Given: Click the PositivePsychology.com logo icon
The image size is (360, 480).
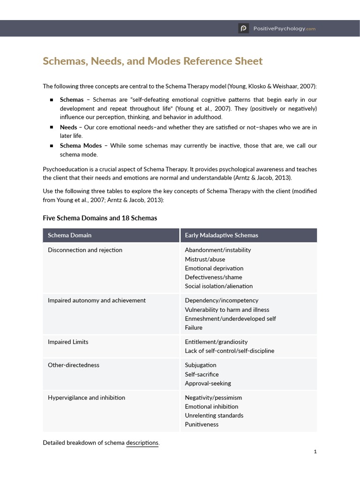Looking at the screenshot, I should click(243, 28).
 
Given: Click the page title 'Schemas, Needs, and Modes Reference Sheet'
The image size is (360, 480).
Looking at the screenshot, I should click(153, 61).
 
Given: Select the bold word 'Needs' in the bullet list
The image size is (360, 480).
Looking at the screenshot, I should click(68, 127).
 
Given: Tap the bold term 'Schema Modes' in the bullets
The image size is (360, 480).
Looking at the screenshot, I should click(81, 145).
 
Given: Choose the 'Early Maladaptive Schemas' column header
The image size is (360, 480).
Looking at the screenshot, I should click(221, 235).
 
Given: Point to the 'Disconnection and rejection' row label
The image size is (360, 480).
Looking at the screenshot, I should click(85, 250).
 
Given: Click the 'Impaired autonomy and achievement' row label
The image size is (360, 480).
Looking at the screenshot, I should click(97, 300).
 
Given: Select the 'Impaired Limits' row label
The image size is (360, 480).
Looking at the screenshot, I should click(68, 342).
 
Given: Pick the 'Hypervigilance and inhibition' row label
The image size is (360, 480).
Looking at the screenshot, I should click(86, 397).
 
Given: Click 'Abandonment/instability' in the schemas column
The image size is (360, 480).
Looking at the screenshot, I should click(217, 250).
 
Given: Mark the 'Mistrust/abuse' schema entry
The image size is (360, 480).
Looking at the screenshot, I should click(205, 259).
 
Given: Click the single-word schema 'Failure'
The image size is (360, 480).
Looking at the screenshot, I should click(194, 328).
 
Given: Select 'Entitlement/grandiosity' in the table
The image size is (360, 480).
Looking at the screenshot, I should click(216, 342).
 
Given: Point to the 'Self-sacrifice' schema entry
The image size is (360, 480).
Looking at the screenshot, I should click(202, 374).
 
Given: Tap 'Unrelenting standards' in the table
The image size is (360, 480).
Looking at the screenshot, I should click(214, 415).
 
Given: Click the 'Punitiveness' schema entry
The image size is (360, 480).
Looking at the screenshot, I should click(202, 425).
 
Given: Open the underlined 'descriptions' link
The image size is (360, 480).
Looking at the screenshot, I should click(142, 442).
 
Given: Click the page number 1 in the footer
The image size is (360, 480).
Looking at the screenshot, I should click(315, 452).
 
